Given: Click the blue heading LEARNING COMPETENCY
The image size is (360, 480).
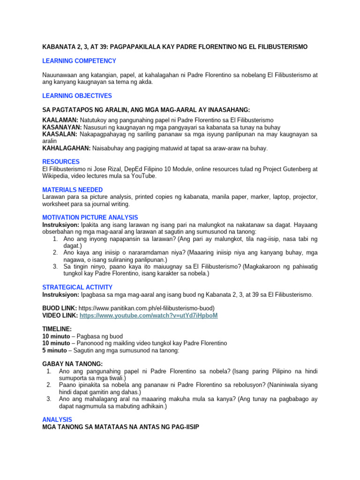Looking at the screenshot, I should (79, 61).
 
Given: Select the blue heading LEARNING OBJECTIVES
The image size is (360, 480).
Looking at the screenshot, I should (77, 96).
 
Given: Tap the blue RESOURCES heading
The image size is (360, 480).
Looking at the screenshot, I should (60, 162).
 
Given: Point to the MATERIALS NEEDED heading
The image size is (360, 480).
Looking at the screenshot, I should (72, 190).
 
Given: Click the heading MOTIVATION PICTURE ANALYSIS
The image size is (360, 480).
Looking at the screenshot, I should (90, 217).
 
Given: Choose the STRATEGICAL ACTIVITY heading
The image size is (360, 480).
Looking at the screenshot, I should (77, 287).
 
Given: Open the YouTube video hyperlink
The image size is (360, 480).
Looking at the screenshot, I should (149, 316).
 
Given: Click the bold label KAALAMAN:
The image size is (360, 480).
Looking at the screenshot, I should (60, 120).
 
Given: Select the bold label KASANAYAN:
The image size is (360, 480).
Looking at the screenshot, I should (62, 127).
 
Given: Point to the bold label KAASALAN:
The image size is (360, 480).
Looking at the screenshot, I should (60, 134).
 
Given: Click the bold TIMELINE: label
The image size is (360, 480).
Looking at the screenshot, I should (57, 330).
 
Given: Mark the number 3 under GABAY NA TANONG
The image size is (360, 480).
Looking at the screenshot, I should (49, 399).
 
